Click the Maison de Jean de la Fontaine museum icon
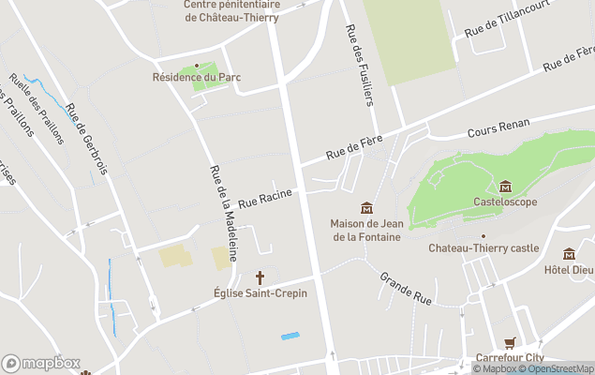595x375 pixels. tap(366, 207)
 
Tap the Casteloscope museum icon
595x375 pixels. tap(506, 186)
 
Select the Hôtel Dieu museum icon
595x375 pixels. tap(569, 254)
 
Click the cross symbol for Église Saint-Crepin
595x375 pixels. tap(260, 277)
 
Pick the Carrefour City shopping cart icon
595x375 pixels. tap(510, 343)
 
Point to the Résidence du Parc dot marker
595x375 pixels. tap(197, 66)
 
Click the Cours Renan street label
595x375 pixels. tap(498, 129)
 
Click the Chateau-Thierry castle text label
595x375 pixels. tap(483, 248)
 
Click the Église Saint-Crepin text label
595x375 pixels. tap(260, 293)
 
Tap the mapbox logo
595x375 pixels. tap(41, 363)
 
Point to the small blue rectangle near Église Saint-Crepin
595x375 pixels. tap(290, 336)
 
